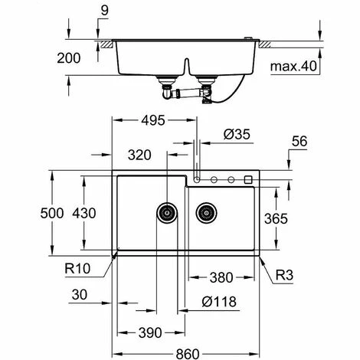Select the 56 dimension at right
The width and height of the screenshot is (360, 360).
300,141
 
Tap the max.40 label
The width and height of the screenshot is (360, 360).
290,67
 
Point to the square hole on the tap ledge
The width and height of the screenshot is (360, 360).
247,180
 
